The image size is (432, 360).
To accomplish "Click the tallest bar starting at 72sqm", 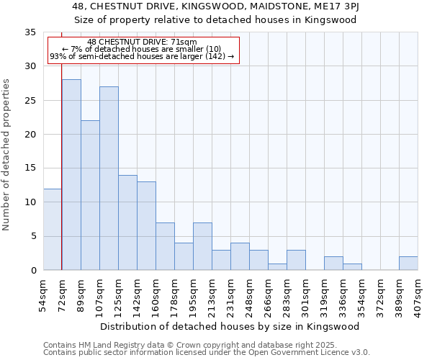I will pyautogui.click(x=71, y=174).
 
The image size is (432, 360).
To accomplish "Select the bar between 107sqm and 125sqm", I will pyautogui.click(x=109, y=178).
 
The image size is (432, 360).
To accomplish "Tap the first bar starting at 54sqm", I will pyautogui.click(x=53, y=229).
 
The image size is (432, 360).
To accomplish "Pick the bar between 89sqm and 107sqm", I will pyautogui.click(x=90, y=195).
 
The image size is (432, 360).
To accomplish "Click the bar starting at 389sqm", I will pyautogui.click(x=408, y=263).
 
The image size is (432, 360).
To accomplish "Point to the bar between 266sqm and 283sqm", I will pyautogui.click(x=277, y=266).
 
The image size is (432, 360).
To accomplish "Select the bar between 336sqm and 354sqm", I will pyautogui.click(x=352, y=266).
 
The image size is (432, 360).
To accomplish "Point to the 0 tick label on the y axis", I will pyautogui.click(x=32, y=271).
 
